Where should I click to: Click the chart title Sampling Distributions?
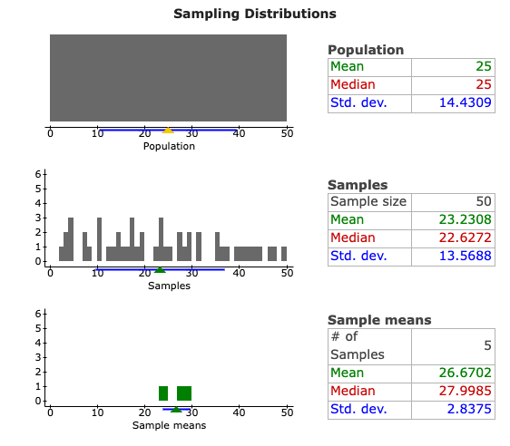[x=254, y=14]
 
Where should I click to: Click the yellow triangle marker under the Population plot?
[x=168, y=131]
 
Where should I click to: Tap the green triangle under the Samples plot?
[x=160, y=269]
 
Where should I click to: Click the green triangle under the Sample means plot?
[x=176, y=409]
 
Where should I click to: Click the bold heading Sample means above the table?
[x=378, y=320]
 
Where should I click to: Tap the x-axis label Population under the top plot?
[x=169, y=146]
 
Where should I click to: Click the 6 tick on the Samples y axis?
[x=37, y=174]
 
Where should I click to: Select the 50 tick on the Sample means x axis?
[x=287, y=412]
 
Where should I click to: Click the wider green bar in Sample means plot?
[x=184, y=393]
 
